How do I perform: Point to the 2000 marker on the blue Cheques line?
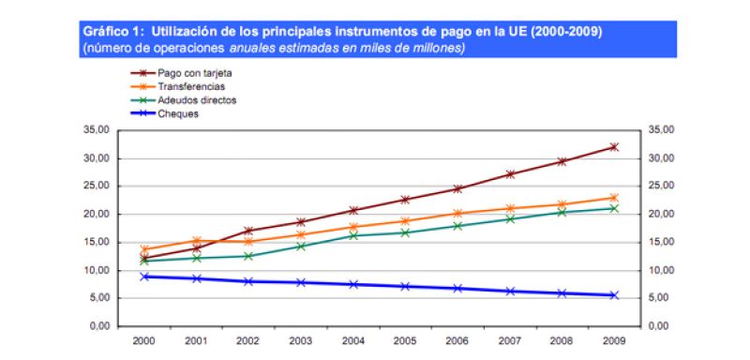coord(143,277)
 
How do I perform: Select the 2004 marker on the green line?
coord(352,235)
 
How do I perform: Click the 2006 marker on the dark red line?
coord(457,188)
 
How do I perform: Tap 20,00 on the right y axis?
coord(662,214)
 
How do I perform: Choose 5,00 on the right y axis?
coord(665,298)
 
